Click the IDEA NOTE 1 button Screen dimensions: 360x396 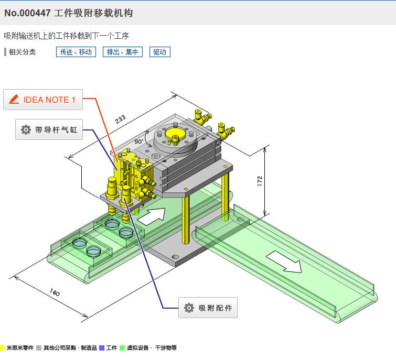tap(43, 100)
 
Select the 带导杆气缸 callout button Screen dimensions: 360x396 tap(49, 129)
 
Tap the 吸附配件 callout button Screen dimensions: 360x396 tap(208, 308)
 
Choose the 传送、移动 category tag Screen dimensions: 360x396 tap(76, 52)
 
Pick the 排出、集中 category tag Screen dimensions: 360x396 tap(122, 52)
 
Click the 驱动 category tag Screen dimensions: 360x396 tap(159, 52)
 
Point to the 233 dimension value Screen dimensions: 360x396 tap(121, 119)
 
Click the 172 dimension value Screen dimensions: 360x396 tap(260, 180)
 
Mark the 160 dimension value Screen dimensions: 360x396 tap(55, 292)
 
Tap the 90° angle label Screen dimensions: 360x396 tap(138, 141)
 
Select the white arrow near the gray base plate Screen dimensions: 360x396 tap(155, 215)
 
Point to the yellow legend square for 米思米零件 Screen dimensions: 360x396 tap(3, 348)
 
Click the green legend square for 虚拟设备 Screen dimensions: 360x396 tap(122, 348)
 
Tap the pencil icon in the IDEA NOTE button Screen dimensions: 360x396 tap(14, 99)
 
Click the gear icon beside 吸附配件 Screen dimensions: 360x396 tap(189, 308)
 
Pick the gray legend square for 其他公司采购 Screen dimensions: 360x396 tap(39, 348)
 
